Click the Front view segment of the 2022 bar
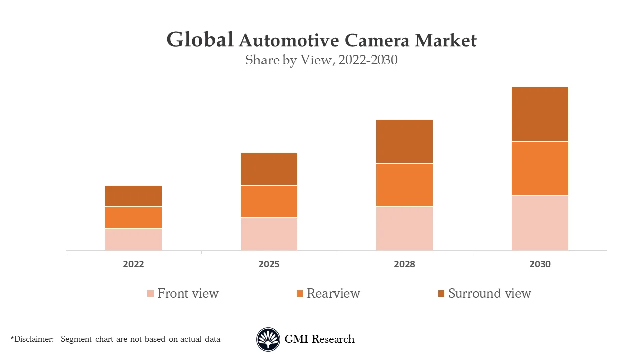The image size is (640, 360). pyautogui.click(x=133, y=240)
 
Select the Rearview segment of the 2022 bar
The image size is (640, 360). pyautogui.click(x=133, y=218)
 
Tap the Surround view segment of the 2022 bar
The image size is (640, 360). pyautogui.click(x=133, y=196)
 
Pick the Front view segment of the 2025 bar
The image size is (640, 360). pyautogui.click(x=269, y=234)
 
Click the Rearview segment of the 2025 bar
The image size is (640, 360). pyautogui.click(x=269, y=202)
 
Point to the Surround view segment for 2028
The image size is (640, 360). pyautogui.click(x=404, y=141)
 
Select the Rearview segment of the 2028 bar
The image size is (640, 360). pyautogui.click(x=404, y=185)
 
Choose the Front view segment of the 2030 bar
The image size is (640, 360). pyautogui.click(x=540, y=223)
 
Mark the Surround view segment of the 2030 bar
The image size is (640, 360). pyautogui.click(x=540, y=114)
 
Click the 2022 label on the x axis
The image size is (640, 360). pyautogui.click(x=133, y=264)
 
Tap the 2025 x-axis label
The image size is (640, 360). pyautogui.click(x=269, y=264)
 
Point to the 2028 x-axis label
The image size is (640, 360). pyautogui.click(x=404, y=264)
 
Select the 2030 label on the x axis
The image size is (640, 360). pyautogui.click(x=540, y=264)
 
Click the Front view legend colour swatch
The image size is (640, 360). pyautogui.click(x=150, y=294)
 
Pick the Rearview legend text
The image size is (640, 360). pyautogui.click(x=333, y=293)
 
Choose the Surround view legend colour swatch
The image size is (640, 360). pyautogui.click(x=441, y=294)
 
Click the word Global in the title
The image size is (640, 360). pyautogui.click(x=200, y=40)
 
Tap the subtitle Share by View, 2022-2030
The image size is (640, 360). pyautogui.click(x=321, y=60)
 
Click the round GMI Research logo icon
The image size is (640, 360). pyautogui.click(x=268, y=339)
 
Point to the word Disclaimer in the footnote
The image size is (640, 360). pyautogui.click(x=33, y=339)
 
